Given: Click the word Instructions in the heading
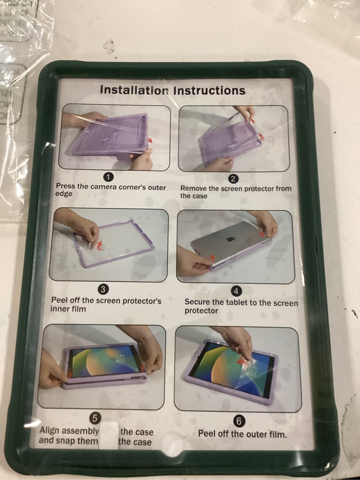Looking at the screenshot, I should coord(209,90).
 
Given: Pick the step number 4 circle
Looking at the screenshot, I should coord(237,292).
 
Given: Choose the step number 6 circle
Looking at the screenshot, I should coord(239,421).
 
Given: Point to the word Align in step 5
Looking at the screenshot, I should coord(49,431).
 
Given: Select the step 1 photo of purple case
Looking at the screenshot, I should coord(115,137).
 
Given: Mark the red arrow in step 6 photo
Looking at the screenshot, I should coord(243,362).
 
